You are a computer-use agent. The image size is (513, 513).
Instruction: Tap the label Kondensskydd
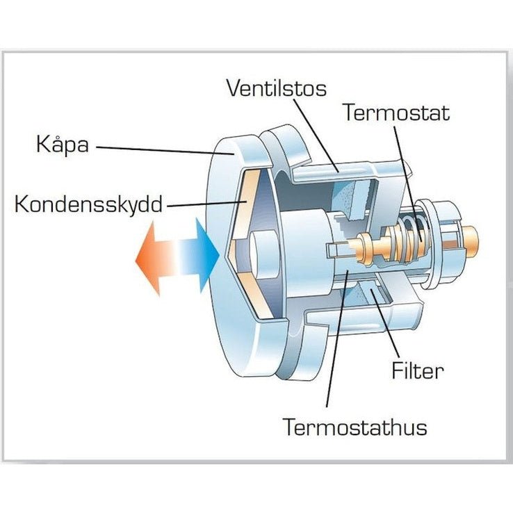pyautogui.click(x=88, y=205)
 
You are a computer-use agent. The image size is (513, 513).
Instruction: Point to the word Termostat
pyautogui.click(x=397, y=113)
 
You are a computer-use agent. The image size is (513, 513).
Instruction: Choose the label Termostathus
pyautogui.click(x=355, y=426)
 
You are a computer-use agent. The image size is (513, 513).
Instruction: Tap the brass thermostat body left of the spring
pyautogui.click(x=372, y=245)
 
